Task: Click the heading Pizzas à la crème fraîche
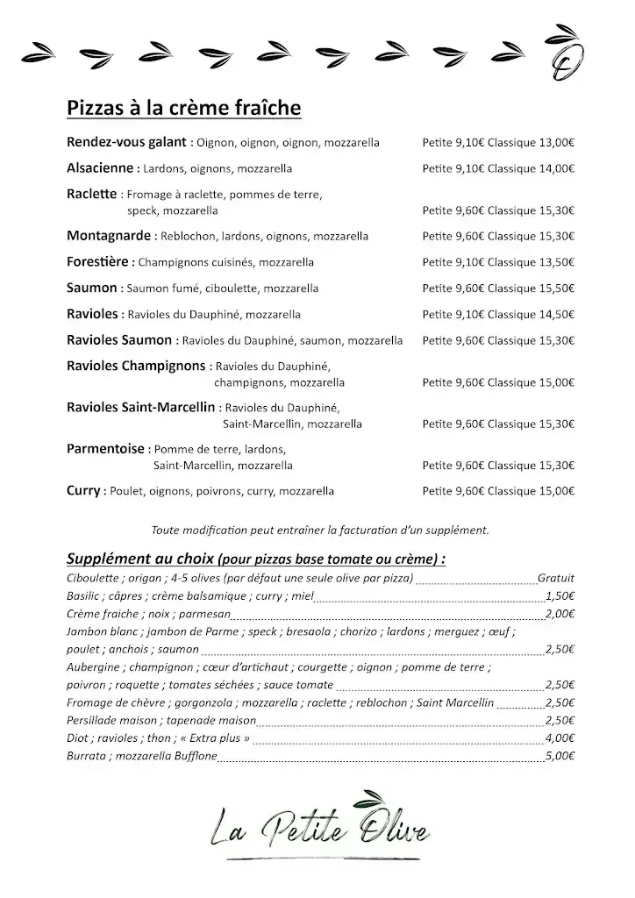(184, 108)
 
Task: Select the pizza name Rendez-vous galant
(126, 141)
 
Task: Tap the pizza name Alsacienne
(100, 167)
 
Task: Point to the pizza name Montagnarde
(109, 236)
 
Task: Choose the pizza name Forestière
(99, 262)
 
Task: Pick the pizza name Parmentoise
(105, 449)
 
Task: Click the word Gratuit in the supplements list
(556, 578)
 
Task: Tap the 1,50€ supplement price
(560, 596)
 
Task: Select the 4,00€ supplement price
(560, 738)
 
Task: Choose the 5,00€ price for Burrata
(560, 756)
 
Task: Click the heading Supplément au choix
(140, 558)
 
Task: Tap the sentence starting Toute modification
(319, 530)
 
